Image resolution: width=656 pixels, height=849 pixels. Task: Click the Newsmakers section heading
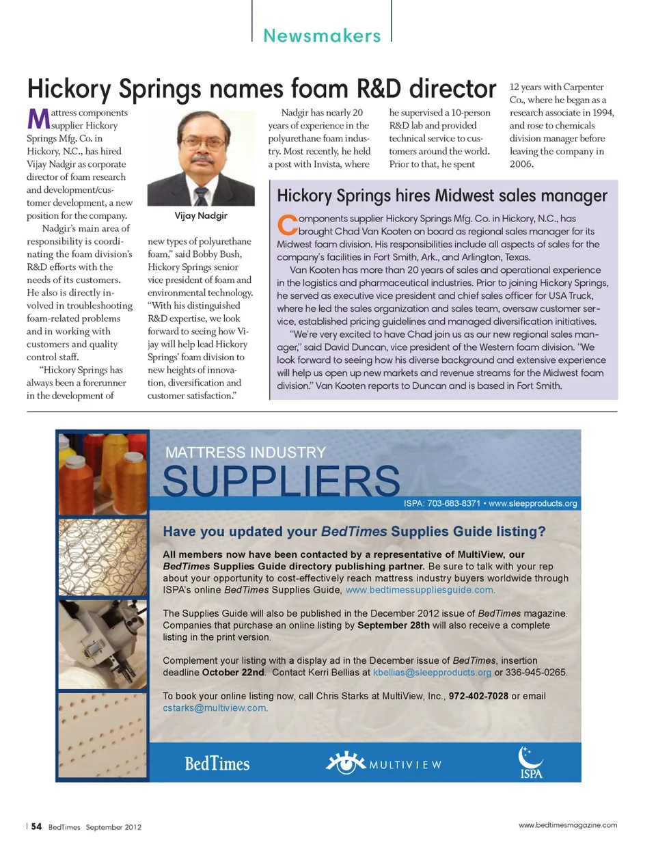322,36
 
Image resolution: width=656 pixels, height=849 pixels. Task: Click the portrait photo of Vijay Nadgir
200,158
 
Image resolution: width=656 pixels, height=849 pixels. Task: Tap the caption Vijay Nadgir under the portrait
201,215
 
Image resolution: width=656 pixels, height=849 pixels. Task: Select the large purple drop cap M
38,119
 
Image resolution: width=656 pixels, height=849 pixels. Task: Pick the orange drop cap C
287,224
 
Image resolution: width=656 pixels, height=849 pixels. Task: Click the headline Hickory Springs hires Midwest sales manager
441,196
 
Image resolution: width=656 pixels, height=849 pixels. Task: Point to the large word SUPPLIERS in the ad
281,481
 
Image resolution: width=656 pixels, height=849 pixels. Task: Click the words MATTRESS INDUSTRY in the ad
245,453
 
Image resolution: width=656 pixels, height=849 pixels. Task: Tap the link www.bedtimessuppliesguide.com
420,590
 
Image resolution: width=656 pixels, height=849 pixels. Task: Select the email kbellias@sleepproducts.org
432,672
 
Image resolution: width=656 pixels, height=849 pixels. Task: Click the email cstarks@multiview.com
215,707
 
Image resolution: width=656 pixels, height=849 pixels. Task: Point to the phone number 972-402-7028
478,696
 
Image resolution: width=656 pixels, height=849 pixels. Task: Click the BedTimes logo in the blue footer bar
217,764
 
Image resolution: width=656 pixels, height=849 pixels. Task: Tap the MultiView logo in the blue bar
383,763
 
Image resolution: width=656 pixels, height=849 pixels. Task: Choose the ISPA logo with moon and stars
531,762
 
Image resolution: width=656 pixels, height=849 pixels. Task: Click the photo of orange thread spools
102,472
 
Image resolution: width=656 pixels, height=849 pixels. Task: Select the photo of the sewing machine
102,645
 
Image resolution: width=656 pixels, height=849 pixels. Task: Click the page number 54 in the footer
36,826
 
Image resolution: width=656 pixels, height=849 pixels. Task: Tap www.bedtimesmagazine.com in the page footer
567,825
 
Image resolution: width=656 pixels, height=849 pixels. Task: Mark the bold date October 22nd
233,672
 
